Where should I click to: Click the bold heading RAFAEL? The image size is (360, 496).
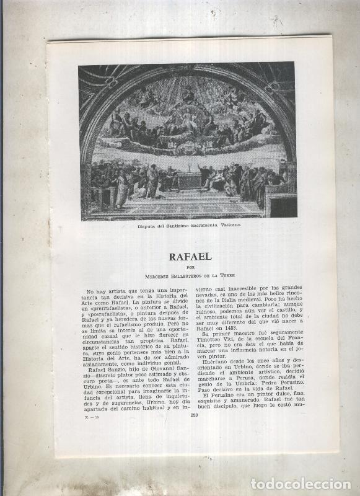[x=190, y=256]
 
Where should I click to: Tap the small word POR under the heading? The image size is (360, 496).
[x=190, y=267]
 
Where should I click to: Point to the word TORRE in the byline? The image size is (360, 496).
[x=227, y=274]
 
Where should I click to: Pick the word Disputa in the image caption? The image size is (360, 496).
[x=149, y=227]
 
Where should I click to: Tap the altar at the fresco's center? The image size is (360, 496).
[x=190, y=180]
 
